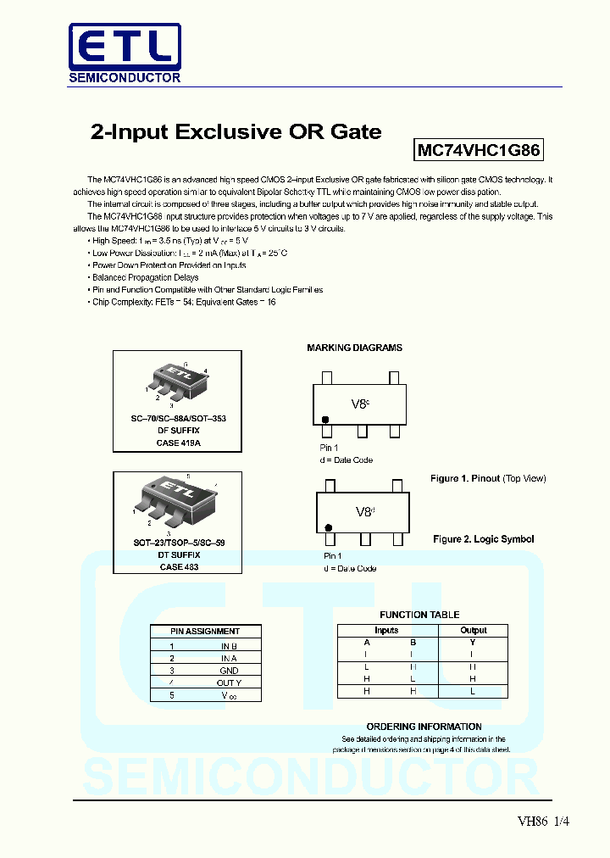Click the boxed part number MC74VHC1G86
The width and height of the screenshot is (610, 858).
(479, 151)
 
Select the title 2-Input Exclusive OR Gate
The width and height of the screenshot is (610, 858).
(236, 131)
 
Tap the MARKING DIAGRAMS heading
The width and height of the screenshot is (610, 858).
(354, 348)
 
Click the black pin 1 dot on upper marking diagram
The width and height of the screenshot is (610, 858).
(324, 419)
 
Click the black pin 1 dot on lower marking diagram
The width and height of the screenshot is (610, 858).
(329, 527)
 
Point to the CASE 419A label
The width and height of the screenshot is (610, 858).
(178, 443)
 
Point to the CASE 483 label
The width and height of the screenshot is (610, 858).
(178, 566)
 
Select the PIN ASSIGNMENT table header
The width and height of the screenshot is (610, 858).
(205, 631)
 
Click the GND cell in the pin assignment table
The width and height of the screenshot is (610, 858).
(229, 670)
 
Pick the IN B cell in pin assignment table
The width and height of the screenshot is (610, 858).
(229, 646)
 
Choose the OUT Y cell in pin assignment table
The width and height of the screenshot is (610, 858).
(229, 682)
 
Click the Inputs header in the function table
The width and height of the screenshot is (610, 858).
(386, 631)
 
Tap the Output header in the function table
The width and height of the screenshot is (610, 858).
(473, 631)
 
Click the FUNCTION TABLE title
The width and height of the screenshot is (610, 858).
(419, 615)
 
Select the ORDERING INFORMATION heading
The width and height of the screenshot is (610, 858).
(424, 727)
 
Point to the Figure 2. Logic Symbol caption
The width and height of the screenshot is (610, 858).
(484, 539)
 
